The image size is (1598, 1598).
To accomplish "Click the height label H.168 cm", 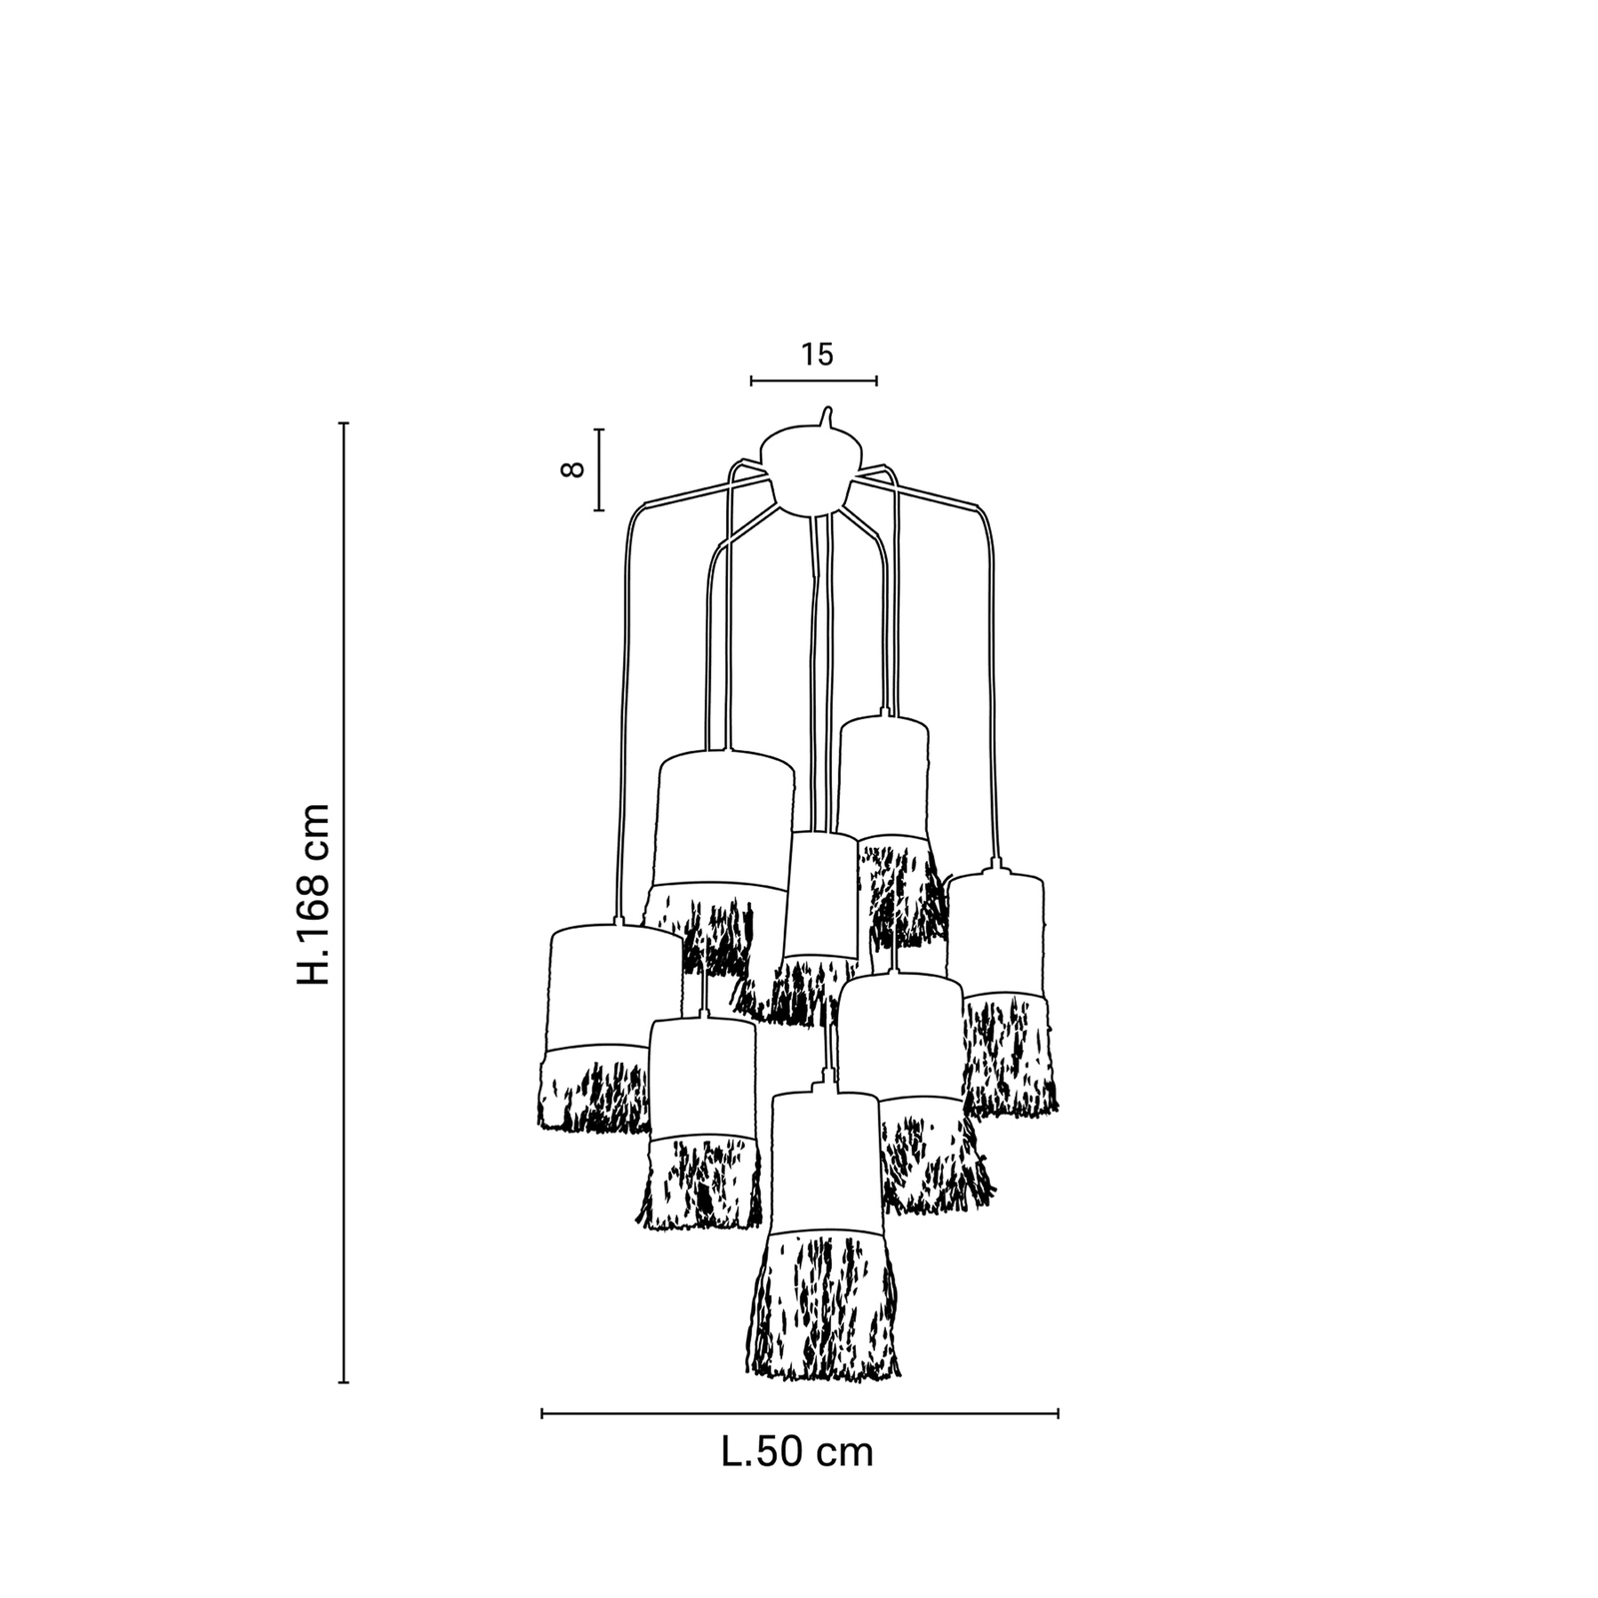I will click(x=314, y=894).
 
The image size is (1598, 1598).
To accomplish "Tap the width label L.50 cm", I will click(x=797, y=1451).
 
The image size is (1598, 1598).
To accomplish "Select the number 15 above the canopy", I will click(x=816, y=355).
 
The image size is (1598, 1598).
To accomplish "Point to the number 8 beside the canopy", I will click(x=572, y=469).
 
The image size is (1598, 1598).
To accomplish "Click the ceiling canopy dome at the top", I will click(x=810, y=469).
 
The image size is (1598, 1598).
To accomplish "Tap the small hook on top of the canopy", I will click(x=826, y=414).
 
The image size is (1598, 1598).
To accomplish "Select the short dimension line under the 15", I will click(x=813, y=381).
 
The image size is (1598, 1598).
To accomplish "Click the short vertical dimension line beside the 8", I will click(x=599, y=469).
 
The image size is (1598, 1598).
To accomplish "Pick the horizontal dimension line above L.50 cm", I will click(x=799, y=1413).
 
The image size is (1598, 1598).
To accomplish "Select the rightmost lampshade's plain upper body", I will click(x=995, y=934).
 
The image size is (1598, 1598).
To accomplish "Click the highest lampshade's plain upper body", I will click(x=883, y=774).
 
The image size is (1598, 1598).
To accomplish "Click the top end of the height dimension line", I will click(x=344, y=424).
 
